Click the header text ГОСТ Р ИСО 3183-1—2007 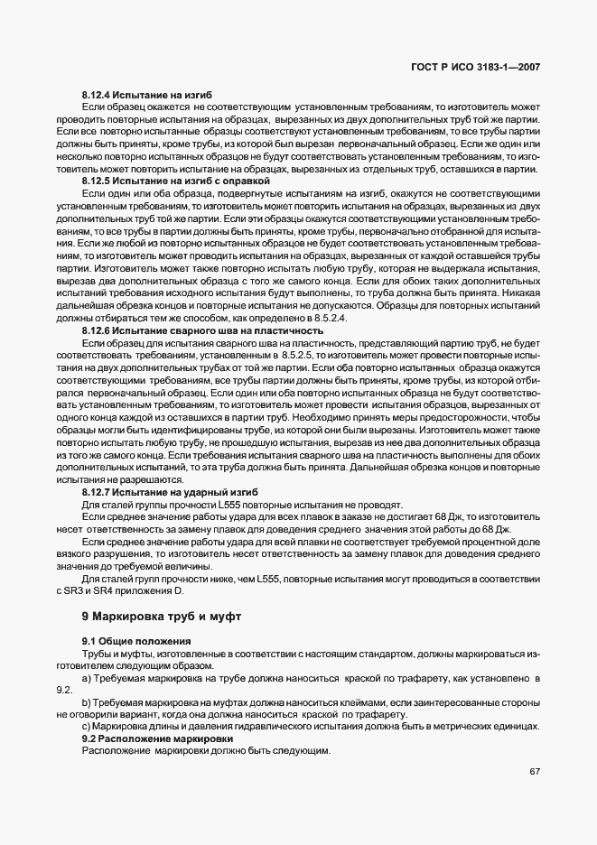478,67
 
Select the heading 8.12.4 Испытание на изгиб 147,95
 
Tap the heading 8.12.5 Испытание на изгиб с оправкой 175,181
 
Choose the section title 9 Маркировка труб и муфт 162,617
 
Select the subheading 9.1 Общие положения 128,640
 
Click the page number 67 535,771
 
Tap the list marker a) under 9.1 87,677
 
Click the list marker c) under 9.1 87,726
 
